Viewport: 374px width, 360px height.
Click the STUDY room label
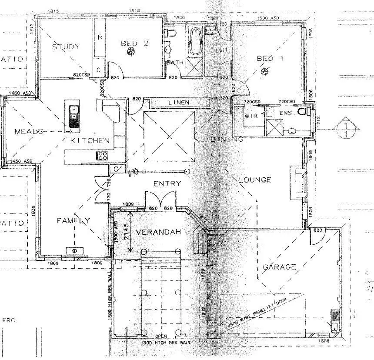tap(66, 47)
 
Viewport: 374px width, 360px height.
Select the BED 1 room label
tap(270, 58)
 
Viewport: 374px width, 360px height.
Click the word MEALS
tap(28, 131)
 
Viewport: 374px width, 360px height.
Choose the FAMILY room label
tap(73, 221)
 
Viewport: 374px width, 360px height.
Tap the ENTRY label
tap(167, 183)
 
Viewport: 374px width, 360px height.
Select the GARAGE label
tap(279, 267)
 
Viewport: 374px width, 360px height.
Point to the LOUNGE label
tap(254, 180)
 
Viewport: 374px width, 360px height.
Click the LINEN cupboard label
tap(179, 102)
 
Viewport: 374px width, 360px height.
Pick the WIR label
tap(251, 116)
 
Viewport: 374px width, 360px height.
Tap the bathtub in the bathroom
tap(195, 42)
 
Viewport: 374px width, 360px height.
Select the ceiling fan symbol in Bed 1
tap(264, 71)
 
